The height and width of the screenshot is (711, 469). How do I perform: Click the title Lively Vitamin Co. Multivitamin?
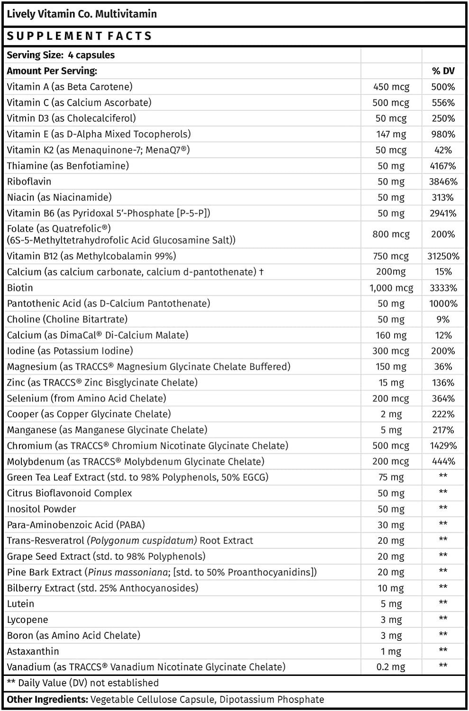pyautogui.click(x=82, y=14)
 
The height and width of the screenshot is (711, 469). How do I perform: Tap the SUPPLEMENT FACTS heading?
pyautogui.click(x=79, y=36)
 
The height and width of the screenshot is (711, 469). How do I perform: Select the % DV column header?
pyautogui.click(x=443, y=71)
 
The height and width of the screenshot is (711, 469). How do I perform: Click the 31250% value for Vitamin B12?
pyautogui.click(x=443, y=256)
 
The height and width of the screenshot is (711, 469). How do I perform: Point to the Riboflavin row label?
pyautogui.click(x=29, y=182)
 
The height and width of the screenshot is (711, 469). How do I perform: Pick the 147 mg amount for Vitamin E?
pyautogui.click(x=391, y=134)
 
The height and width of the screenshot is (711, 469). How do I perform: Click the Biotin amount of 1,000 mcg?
pyautogui.click(x=391, y=288)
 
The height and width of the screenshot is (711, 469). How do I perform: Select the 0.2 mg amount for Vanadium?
pyautogui.click(x=391, y=667)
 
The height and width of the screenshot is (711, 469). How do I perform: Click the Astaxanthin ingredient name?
pyautogui.click(x=33, y=651)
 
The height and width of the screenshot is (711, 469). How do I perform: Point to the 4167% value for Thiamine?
pyautogui.click(x=443, y=166)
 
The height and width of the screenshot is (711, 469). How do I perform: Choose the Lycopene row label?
pyautogui.click(x=28, y=620)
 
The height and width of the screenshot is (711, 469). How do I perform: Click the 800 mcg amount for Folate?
pyautogui.click(x=391, y=234)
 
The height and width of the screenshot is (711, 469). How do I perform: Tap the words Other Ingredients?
pyautogui.click(x=47, y=700)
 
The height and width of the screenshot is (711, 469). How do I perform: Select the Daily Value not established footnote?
pyautogui.click(x=83, y=683)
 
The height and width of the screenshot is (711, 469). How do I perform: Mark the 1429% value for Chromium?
pyautogui.click(x=443, y=446)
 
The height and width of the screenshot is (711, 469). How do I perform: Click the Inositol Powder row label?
pyautogui.click(x=41, y=509)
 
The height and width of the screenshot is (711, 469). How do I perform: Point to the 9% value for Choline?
pyautogui.click(x=443, y=319)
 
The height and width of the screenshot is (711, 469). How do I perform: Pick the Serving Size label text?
pyautogui.click(x=35, y=55)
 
